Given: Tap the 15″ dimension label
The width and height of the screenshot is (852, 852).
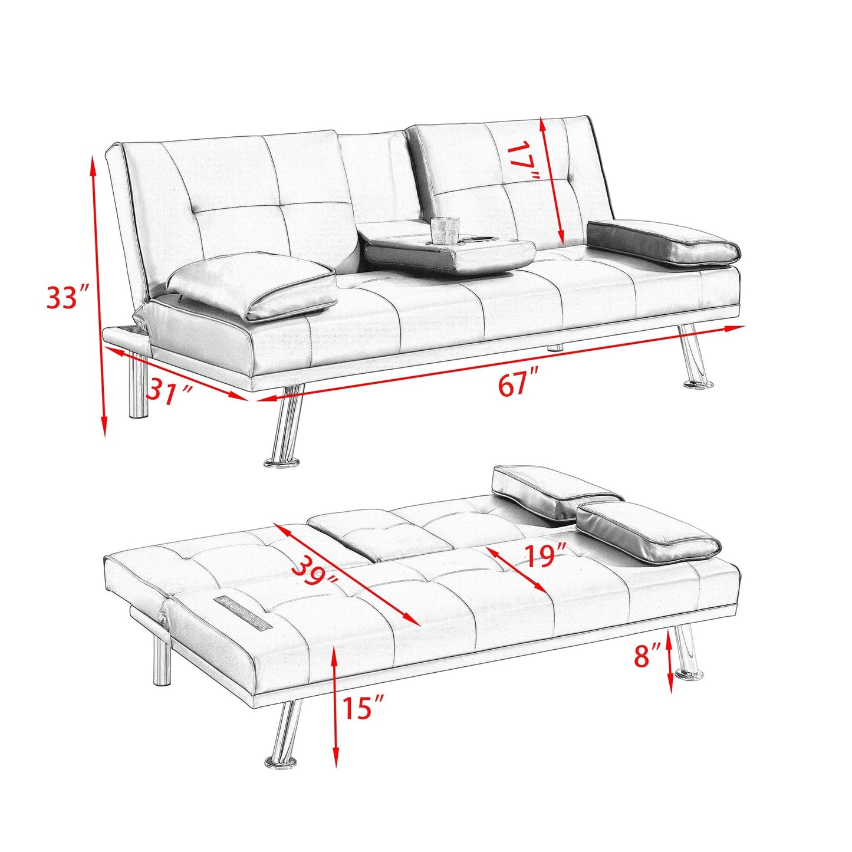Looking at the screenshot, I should click(x=363, y=707).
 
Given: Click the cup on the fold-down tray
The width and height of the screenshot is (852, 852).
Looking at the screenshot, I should click(x=444, y=231).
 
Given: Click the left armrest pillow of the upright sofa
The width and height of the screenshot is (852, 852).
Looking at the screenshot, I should click(x=254, y=285).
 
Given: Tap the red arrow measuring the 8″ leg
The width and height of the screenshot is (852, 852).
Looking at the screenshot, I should click(x=670, y=660).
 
